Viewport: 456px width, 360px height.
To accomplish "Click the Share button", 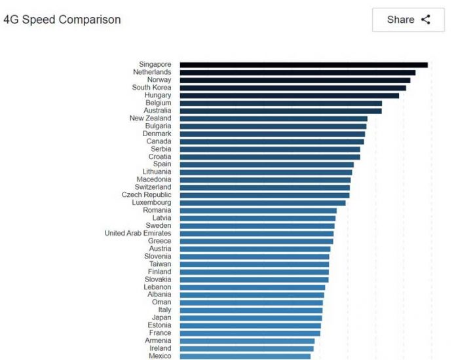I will click(408, 20).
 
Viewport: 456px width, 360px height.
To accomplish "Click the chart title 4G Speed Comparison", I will click(62, 20).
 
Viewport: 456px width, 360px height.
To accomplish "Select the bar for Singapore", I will click(303, 65).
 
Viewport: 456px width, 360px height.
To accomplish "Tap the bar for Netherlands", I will click(297, 72).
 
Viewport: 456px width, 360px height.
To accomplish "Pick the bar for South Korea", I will click(293, 88).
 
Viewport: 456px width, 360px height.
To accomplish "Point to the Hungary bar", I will click(289, 96).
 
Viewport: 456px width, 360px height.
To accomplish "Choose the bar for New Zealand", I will click(273, 118).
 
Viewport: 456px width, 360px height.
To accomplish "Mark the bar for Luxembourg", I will click(262, 203).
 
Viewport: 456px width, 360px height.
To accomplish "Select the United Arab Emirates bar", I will click(256, 234).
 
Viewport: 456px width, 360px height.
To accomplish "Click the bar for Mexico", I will click(245, 356).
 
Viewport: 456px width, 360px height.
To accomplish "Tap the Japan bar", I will click(251, 318).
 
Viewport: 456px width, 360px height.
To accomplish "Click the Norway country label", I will click(159, 80).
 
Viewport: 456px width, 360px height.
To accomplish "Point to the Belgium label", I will click(158, 103).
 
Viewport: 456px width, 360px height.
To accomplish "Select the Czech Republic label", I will click(146, 195).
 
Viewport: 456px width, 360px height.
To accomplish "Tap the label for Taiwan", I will click(160, 264).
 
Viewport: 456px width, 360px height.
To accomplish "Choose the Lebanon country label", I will click(157, 287).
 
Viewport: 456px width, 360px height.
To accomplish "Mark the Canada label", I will click(159, 141).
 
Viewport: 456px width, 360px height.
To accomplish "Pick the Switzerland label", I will click(153, 187).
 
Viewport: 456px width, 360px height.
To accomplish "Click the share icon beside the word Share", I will click(426, 20).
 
